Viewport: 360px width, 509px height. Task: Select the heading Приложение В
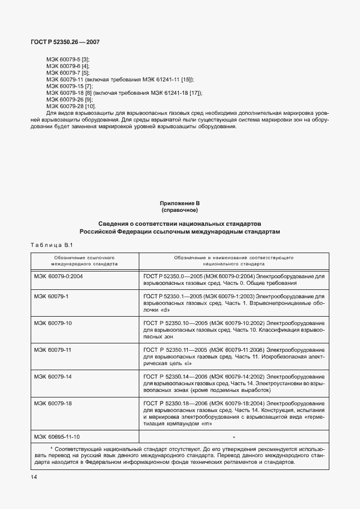(180, 205)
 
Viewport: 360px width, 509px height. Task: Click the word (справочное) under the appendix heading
(180, 211)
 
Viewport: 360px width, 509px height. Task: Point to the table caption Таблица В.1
(50, 245)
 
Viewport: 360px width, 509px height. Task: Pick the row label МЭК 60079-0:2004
(58, 275)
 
